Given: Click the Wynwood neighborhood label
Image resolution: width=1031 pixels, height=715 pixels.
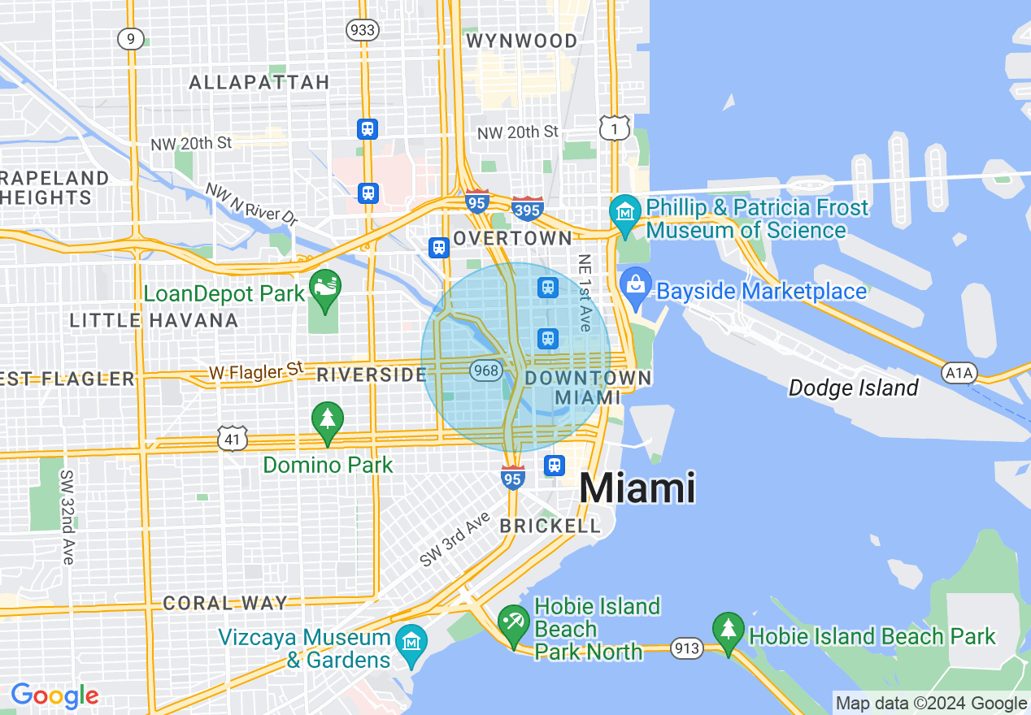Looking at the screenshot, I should (x=521, y=41).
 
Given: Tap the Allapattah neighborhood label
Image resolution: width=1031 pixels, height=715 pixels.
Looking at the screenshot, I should (x=259, y=82).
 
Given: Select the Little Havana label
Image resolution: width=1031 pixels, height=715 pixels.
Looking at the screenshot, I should (x=154, y=320).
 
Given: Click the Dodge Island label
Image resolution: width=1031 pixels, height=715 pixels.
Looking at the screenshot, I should (x=853, y=388).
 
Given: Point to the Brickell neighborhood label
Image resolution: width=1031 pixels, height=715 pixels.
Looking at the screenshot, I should (x=550, y=526).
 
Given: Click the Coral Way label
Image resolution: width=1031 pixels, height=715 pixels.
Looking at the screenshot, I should (x=225, y=603).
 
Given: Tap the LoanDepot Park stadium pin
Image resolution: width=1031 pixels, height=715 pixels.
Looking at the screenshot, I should (x=325, y=289).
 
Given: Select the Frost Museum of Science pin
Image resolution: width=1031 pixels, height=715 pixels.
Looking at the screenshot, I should (x=625, y=214).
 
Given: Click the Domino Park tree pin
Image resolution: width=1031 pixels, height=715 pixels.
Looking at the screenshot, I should (x=327, y=421).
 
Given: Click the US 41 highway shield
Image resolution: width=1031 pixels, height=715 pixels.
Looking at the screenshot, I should (x=232, y=438).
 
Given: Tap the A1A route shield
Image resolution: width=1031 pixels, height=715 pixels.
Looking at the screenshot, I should (x=959, y=373).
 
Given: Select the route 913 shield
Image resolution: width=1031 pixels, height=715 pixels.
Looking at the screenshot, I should (x=686, y=648).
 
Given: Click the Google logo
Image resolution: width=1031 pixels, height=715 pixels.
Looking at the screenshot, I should (x=54, y=695).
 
